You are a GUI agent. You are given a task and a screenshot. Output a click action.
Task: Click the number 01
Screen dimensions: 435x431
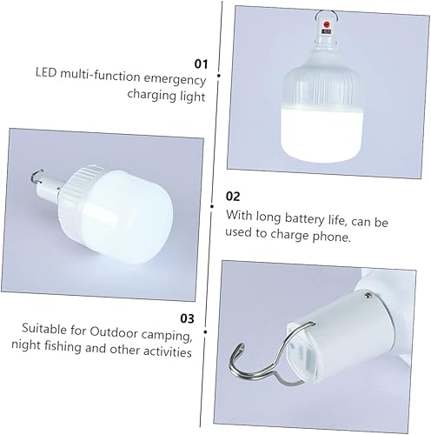tap(201, 64)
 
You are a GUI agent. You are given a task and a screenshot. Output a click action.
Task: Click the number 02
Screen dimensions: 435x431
tap(234, 197)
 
